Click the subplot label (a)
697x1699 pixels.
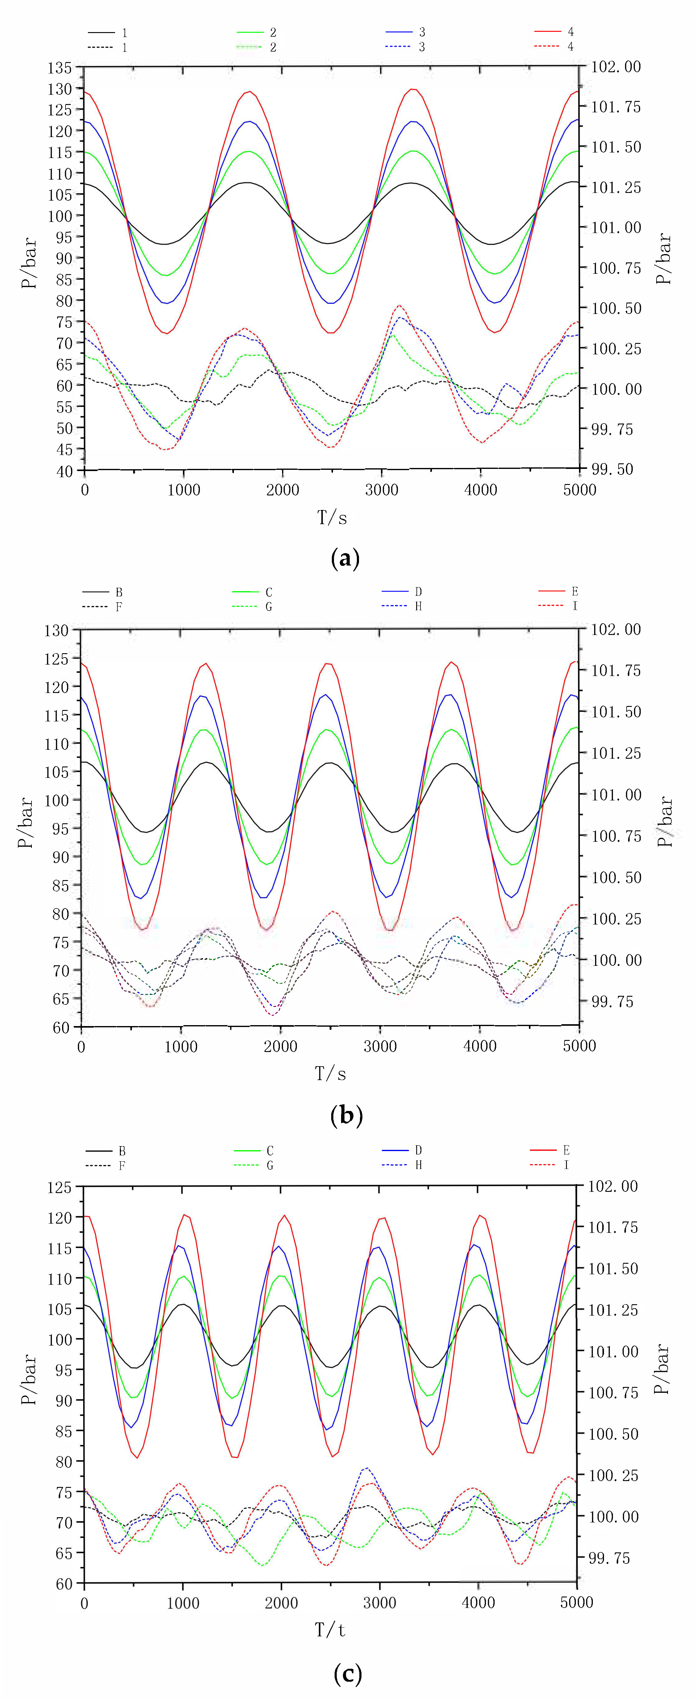345,559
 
